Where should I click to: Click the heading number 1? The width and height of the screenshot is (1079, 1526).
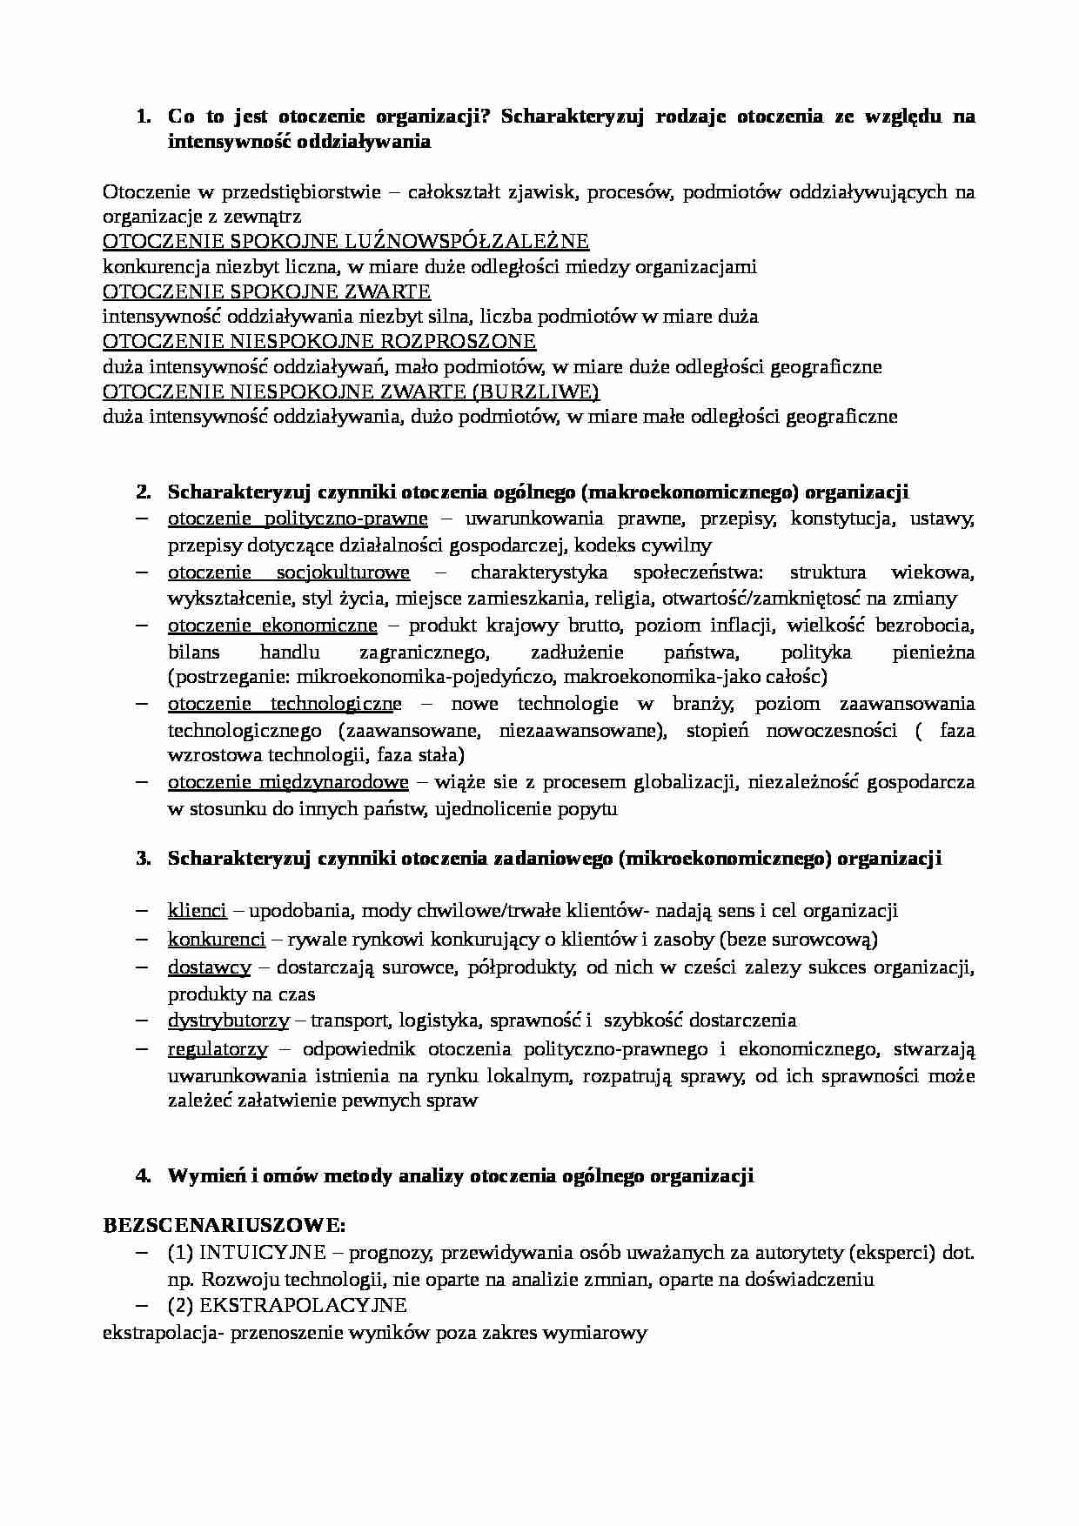(144, 117)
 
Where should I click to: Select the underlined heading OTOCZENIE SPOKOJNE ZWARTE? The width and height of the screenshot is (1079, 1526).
(266, 291)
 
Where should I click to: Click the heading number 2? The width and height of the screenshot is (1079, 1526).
(144, 492)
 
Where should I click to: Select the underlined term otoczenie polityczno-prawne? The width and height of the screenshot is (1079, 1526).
(298, 519)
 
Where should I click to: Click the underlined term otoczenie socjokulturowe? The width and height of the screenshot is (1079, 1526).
(288, 572)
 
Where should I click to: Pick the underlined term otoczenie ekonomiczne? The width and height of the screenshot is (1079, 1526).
(272, 626)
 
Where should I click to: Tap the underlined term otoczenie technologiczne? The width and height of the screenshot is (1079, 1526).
(285, 703)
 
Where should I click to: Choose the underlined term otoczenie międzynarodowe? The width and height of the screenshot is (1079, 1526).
(288, 782)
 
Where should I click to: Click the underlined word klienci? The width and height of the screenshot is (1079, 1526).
(197, 911)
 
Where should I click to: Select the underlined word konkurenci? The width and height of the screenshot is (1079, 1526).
(216, 940)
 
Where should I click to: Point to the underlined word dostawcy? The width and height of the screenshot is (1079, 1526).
(209, 967)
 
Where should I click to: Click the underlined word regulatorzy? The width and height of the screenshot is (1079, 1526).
(218, 1049)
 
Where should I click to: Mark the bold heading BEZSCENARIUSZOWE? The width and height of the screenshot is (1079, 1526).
(225, 1226)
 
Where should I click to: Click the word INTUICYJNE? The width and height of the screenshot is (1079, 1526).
(262, 1253)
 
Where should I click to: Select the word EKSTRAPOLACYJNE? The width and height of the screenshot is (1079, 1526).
(303, 1306)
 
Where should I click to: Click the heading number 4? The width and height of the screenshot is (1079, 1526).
(144, 1176)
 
